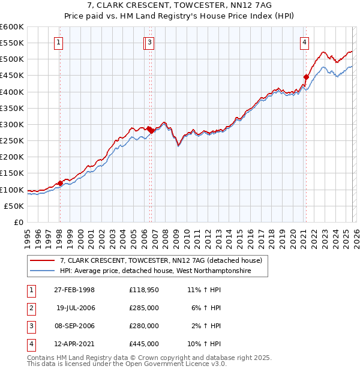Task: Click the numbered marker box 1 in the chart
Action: point(59,42)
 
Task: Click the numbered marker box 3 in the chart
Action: point(149,42)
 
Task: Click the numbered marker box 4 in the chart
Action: point(305,42)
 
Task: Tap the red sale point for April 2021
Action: point(306,77)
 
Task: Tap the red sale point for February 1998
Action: point(60,184)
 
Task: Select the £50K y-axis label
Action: point(14,206)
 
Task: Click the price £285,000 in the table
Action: point(144,308)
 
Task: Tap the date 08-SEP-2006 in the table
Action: point(74,326)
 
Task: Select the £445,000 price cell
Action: point(144,344)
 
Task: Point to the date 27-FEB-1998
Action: point(74,290)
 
